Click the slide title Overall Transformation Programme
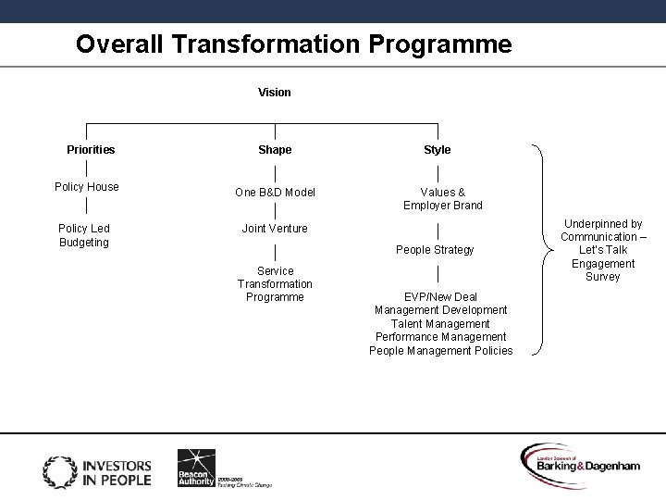coord(293,44)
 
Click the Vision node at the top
coord(275,93)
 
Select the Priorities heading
coord(91,150)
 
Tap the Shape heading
coord(275,150)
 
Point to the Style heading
coord(438,150)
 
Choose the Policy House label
coord(87,187)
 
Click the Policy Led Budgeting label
coord(84,235)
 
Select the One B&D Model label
coord(275,193)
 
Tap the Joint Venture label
coord(275,229)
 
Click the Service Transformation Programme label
coord(275,284)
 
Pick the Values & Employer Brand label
coord(442,199)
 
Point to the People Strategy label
coord(435,250)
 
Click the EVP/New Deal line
coord(440,297)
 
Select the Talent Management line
coord(440,324)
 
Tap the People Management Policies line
coord(440,351)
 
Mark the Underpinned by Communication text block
coord(603,250)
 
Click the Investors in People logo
coord(96,470)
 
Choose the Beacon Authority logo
coord(197,468)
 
